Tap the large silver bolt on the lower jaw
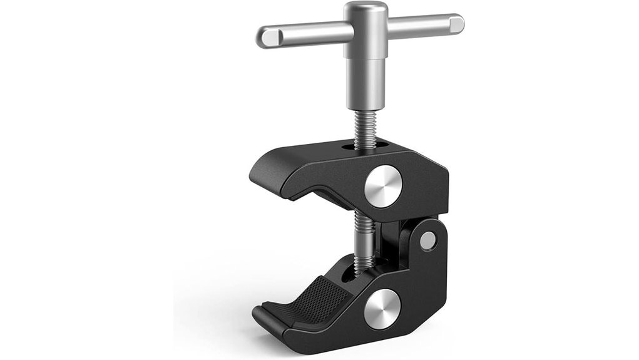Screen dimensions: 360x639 pos(382,307)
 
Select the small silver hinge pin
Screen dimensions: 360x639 pos(427,240)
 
